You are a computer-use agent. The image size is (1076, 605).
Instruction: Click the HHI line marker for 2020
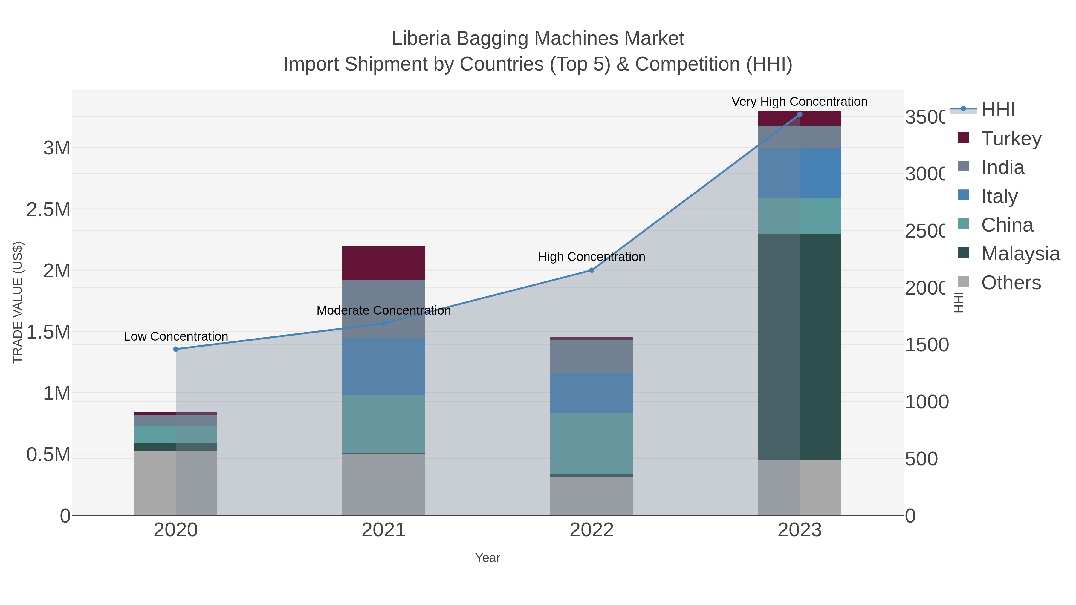point(176,349)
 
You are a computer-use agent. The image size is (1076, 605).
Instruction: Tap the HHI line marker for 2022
point(592,270)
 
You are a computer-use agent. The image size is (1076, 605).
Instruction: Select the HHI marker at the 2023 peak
point(800,114)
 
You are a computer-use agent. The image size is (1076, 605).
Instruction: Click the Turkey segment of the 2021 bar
point(383,263)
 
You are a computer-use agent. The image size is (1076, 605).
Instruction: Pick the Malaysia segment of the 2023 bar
point(800,347)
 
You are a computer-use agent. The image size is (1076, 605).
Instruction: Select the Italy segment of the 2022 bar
point(592,393)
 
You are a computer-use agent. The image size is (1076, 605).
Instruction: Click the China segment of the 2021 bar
point(383,424)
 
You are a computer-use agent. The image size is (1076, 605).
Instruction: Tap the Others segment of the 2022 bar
point(592,496)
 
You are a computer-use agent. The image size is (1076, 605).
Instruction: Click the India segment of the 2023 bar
point(800,137)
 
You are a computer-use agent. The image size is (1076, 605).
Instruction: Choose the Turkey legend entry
point(1011,138)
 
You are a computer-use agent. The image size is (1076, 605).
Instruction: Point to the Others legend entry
point(1011,283)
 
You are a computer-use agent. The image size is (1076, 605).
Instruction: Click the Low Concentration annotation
point(176,336)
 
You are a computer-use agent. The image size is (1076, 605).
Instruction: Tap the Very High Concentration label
point(800,102)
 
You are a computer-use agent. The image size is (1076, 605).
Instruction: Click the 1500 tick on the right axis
point(927,345)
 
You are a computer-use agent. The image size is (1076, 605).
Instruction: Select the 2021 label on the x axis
point(383,530)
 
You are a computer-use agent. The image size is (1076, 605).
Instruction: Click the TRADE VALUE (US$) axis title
point(18,302)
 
